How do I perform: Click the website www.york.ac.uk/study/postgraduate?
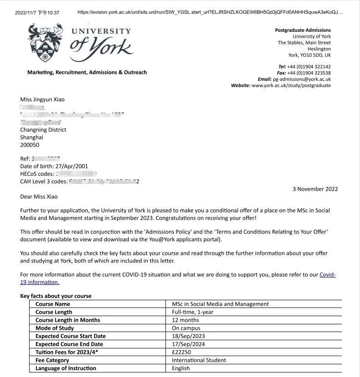(291, 85)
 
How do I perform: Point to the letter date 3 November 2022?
(315, 189)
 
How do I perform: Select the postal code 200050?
(30, 145)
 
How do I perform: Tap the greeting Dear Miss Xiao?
(39, 197)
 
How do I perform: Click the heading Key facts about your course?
(56, 296)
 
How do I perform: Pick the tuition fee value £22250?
(181, 352)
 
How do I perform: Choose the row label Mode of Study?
(55, 328)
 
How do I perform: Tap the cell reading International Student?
(199, 360)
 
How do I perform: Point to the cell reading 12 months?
(185, 320)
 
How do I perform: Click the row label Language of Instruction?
(66, 368)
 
